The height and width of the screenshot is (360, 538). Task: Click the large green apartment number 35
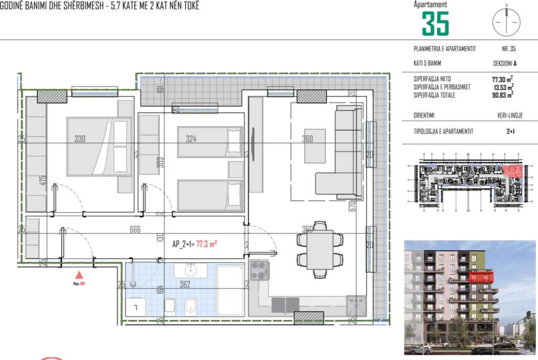click(x=436, y=24)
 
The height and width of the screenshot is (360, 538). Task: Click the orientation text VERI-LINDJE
click(x=510, y=116)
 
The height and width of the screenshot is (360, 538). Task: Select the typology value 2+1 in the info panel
click(x=510, y=132)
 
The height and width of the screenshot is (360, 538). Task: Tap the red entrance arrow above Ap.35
click(x=79, y=274)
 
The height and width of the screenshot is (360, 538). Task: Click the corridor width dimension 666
click(x=135, y=229)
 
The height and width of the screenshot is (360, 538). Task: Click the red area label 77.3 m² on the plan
click(x=206, y=244)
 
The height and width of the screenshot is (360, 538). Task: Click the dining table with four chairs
click(x=314, y=250)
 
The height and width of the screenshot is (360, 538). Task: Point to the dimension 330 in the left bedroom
click(x=80, y=139)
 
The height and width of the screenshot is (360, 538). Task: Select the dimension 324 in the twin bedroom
click(x=191, y=139)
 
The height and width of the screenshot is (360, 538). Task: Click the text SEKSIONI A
click(x=505, y=63)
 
